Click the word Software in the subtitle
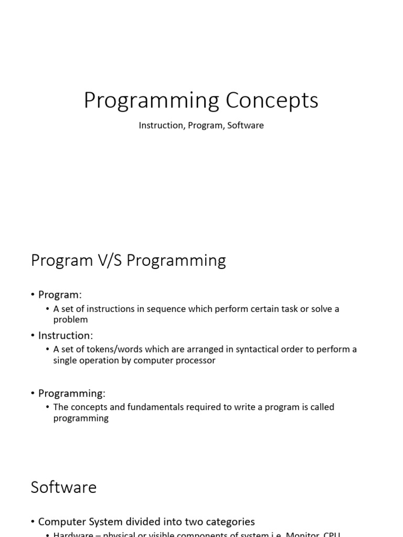(246, 126)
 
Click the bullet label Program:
(60, 295)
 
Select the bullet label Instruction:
(65, 335)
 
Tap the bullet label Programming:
(71, 393)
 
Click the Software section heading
(63, 487)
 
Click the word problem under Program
(70, 320)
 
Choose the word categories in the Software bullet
(229, 522)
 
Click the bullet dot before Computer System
(33, 522)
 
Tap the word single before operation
(67, 361)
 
